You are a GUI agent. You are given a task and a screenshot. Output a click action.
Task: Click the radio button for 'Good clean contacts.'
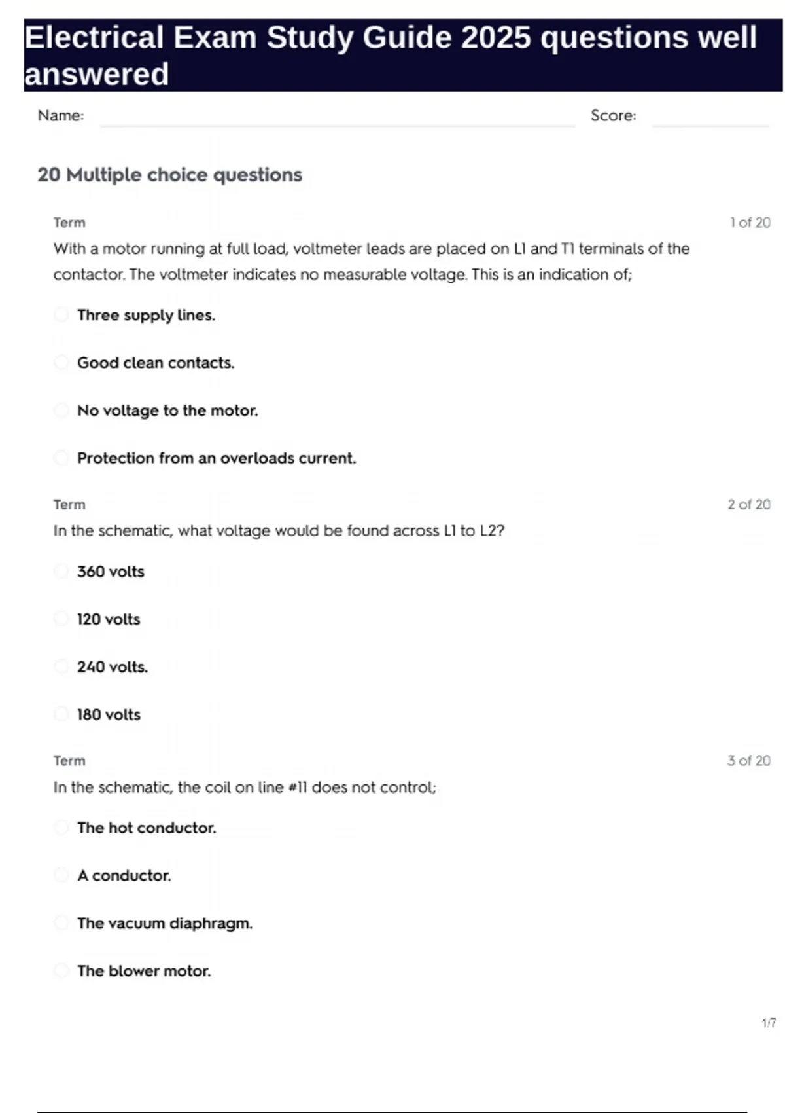pyautogui.click(x=61, y=363)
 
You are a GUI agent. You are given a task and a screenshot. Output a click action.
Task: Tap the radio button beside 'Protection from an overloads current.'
pyautogui.click(x=61, y=458)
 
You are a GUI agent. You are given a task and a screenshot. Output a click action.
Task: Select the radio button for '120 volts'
pyautogui.click(x=61, y=619)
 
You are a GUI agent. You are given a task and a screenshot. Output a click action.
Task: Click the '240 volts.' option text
pyautogui.click(x=113, y=667)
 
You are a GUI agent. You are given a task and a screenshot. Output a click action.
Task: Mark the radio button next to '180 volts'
pyautogui.click(x=61, y=714)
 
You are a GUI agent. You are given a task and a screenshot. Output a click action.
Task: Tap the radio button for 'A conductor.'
pyautogui.click(x=61, y=875)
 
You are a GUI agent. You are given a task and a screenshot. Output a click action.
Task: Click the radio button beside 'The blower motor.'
pyautogui.click(x=61, y=970)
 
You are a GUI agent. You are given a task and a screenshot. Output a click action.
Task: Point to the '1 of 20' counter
pyautogui.click(x=750, y=223)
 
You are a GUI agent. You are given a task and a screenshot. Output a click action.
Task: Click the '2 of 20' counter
pyautogui.click(x=749, y=505)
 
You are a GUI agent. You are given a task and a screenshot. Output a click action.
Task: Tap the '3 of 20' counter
pyautogui.click(x=749, y=761)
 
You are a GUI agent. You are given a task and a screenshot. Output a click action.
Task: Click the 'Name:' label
pyautogui.click(x=61, y=116)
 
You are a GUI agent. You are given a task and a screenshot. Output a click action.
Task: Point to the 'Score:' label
pyautogui.click(x=613, y=116)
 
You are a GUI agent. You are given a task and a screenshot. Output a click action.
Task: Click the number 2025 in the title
pyautogui.click(x=496, y=37)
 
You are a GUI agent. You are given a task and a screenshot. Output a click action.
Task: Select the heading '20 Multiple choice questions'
pyautogui.click(x=170, y=175)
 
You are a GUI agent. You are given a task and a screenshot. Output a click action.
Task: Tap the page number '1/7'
pyautogui.click(x=769, y=1023)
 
